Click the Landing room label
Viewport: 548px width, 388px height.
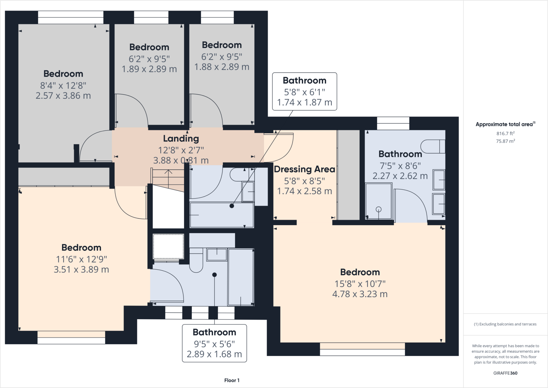point(181,138)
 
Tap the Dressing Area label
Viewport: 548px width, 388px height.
point(304,169)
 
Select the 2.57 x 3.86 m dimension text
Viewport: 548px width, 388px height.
point(63,96)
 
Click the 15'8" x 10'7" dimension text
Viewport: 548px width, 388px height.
point(360,284)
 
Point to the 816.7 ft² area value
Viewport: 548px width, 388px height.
point(505,133)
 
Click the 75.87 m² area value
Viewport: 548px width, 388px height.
point(505,141)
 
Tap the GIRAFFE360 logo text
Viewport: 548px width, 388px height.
point(505,373)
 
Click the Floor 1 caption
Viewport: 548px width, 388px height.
point(232,380)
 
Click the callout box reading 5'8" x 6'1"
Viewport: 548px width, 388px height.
point(305,92)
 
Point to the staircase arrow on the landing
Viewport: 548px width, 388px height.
point(168,177)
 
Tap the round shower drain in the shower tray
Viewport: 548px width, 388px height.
point(378,209)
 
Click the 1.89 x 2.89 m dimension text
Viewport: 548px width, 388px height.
point(149,69)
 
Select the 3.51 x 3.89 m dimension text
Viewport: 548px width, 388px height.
point(81,269)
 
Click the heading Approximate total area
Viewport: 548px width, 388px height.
point(504,124)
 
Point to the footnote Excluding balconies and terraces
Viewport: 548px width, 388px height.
point(505,324)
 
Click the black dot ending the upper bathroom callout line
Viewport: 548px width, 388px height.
point(232,206)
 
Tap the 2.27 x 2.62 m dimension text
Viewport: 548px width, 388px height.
point(400,176)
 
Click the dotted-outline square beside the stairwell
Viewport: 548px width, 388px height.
point(168,246)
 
